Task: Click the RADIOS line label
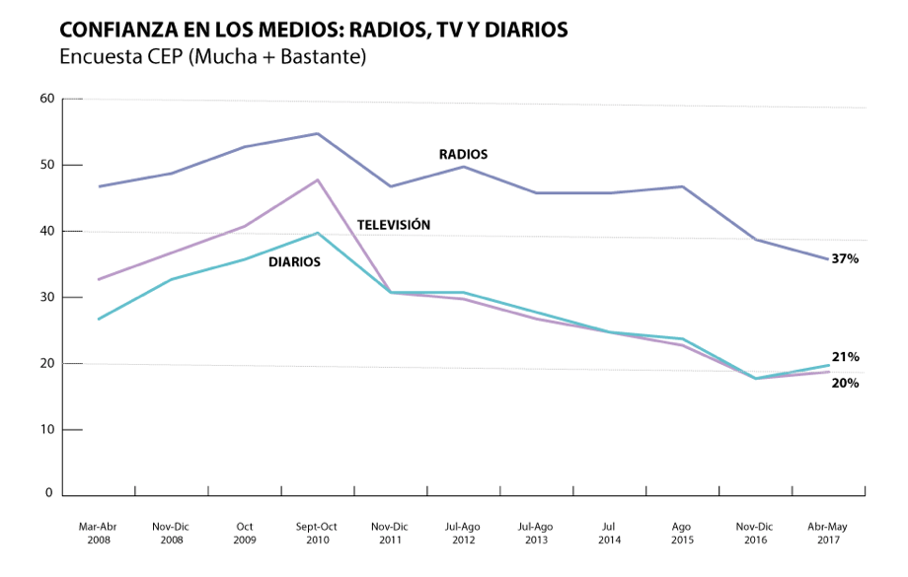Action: coord(463,155)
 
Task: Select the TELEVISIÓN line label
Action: coord(394,226)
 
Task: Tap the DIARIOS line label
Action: coord(294,262)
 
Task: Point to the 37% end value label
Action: coord(845,259)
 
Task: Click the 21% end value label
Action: coord(845,357)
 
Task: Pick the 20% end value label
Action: coord(845,383)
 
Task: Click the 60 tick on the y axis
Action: coord(46,99)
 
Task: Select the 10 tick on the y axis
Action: coord(46,430)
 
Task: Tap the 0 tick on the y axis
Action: coord(49,493)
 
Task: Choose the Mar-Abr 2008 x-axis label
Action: coord(98,534)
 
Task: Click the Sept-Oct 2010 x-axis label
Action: coord(317,534)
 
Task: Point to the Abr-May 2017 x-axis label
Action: coord(828,534)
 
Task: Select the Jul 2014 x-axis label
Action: coord(609,534)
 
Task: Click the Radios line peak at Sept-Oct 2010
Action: coord(318,133)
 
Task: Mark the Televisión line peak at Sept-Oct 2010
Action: coord(318,180)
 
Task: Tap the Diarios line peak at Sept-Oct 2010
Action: coord(318,233)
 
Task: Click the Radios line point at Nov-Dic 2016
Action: coord(756,240)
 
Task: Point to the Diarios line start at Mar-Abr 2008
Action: coord(99,319)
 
